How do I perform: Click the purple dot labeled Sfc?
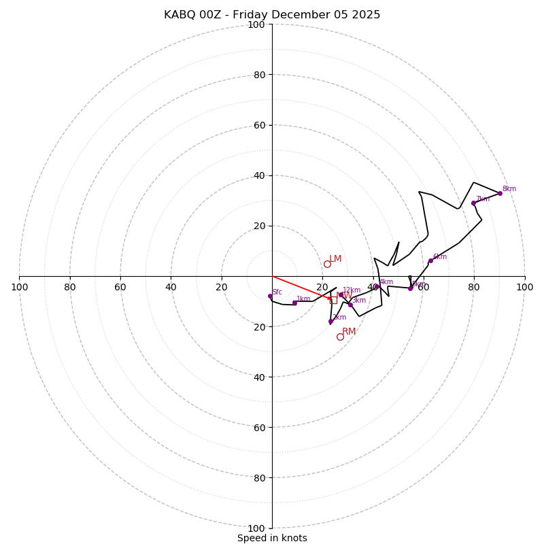click(270, 296)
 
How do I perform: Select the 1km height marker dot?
click(294, 303)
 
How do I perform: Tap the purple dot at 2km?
click(330, 322)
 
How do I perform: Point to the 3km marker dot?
click(350, 305)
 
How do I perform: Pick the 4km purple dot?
click(376, 286)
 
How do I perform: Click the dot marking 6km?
click(430, 260)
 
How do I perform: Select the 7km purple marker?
click(473, 203)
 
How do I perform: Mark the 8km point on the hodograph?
click(500, 193)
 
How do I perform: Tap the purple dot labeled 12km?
click(341, 294)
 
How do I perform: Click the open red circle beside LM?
click(327, 264)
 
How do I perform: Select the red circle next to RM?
click(340, 337)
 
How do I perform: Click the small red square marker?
click(334, 299)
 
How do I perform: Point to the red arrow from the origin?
click(303, 288)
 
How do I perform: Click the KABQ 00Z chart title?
click(272, 15)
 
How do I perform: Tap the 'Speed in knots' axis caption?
click(272, 538)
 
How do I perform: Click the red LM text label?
click(335, 259)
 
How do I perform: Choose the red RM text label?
click(349, 332)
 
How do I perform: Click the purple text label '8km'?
click(509, 189)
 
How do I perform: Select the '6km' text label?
click(440, 257)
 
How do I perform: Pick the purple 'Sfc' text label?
click(277, 292)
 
